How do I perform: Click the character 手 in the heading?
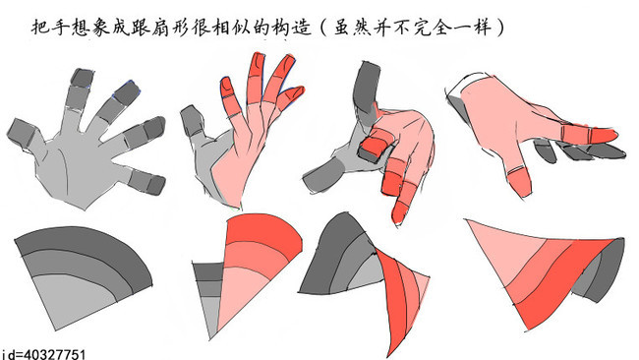(x=60, y=28)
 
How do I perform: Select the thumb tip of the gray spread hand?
(x=19, y=132)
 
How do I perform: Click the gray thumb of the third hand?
(x=324, y=175)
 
